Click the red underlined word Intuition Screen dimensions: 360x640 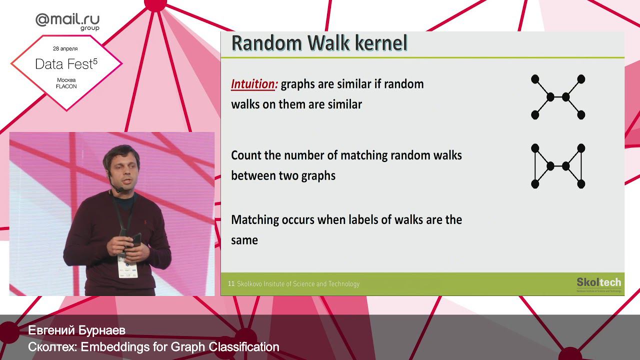[254, 84]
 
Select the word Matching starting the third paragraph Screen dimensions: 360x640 [254, 220]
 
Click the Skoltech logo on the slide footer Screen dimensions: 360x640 [598, 283]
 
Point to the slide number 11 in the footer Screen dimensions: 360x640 [231, 284]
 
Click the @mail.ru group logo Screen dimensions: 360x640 [67, 20]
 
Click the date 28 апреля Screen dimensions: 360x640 [65, 49]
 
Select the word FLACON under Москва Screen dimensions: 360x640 [66, 86]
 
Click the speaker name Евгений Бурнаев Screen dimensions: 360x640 [76, 330]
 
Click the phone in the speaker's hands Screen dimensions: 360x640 [136, 239]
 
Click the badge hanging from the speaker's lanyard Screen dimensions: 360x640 [127, 265]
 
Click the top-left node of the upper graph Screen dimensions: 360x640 [534, 79]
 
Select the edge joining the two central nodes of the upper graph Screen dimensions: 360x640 [558, 97]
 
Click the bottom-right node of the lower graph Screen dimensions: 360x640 [581, 184]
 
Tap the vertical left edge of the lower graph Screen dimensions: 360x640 [534, 166]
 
